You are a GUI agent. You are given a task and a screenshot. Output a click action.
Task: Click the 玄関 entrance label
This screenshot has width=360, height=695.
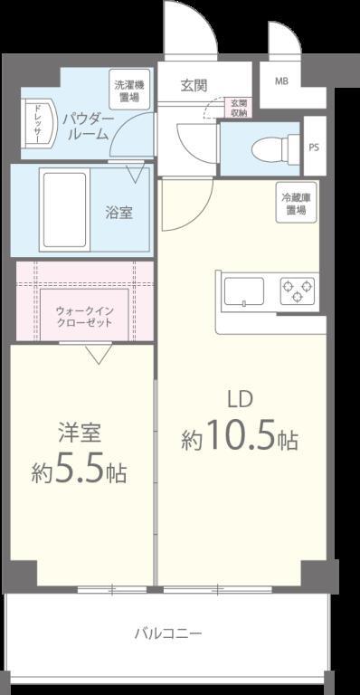coord(194,86)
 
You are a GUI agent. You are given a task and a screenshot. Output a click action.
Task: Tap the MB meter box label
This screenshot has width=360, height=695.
coord(281,80)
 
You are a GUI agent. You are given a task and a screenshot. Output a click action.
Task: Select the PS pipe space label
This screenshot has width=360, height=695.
coord(314,148)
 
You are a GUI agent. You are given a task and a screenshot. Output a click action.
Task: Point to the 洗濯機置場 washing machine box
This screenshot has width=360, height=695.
coord(128,90)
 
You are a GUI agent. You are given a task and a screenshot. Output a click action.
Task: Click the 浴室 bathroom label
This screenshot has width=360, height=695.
coord(118,213)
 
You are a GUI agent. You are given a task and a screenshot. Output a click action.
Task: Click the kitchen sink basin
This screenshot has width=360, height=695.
coord(243,292)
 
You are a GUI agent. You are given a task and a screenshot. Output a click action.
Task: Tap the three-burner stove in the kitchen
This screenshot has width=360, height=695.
coord(298,291)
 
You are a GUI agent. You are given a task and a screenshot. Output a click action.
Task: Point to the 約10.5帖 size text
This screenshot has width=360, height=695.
coord(240,439)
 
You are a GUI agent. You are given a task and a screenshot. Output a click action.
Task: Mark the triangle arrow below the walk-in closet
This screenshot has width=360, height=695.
coord(98,355)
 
